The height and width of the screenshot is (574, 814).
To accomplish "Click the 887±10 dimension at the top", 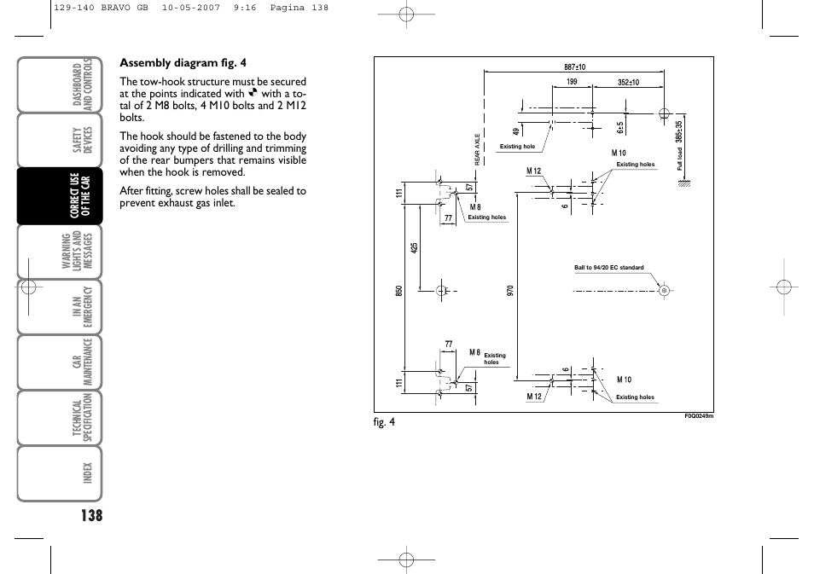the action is [x=575, y=67].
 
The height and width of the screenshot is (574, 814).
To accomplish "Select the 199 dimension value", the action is [x=572, y=82].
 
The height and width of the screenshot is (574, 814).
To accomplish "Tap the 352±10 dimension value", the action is [x=628, y=82].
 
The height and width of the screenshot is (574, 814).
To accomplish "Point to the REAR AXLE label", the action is [x=477, y=149].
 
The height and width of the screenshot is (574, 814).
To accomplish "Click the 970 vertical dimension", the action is [x=509, y=291].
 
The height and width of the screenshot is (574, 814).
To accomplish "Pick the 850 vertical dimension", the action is [x=398, y=291].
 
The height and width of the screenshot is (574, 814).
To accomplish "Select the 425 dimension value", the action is [x=414, y=248].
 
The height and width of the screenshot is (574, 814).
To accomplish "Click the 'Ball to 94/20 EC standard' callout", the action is [x=609, y=268].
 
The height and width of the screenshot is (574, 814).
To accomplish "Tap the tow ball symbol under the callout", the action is [x=664, y=291].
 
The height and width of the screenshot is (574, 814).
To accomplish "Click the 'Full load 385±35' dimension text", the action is [x=679, y=146].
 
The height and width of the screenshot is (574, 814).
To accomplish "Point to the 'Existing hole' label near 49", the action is [x=517, y=147].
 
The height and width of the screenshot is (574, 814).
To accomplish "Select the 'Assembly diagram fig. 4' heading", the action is [x=183, y=63].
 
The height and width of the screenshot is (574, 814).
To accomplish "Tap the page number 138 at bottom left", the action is [x=91, y=515].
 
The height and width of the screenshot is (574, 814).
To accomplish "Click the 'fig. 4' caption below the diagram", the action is [x=384, y=422].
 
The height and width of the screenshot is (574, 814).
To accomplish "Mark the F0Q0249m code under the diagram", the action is [x=699, y=415].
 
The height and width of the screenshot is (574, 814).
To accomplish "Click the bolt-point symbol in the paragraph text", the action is [x=253, y=92].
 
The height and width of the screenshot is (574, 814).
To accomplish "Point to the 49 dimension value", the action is [x=516, y=132].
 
